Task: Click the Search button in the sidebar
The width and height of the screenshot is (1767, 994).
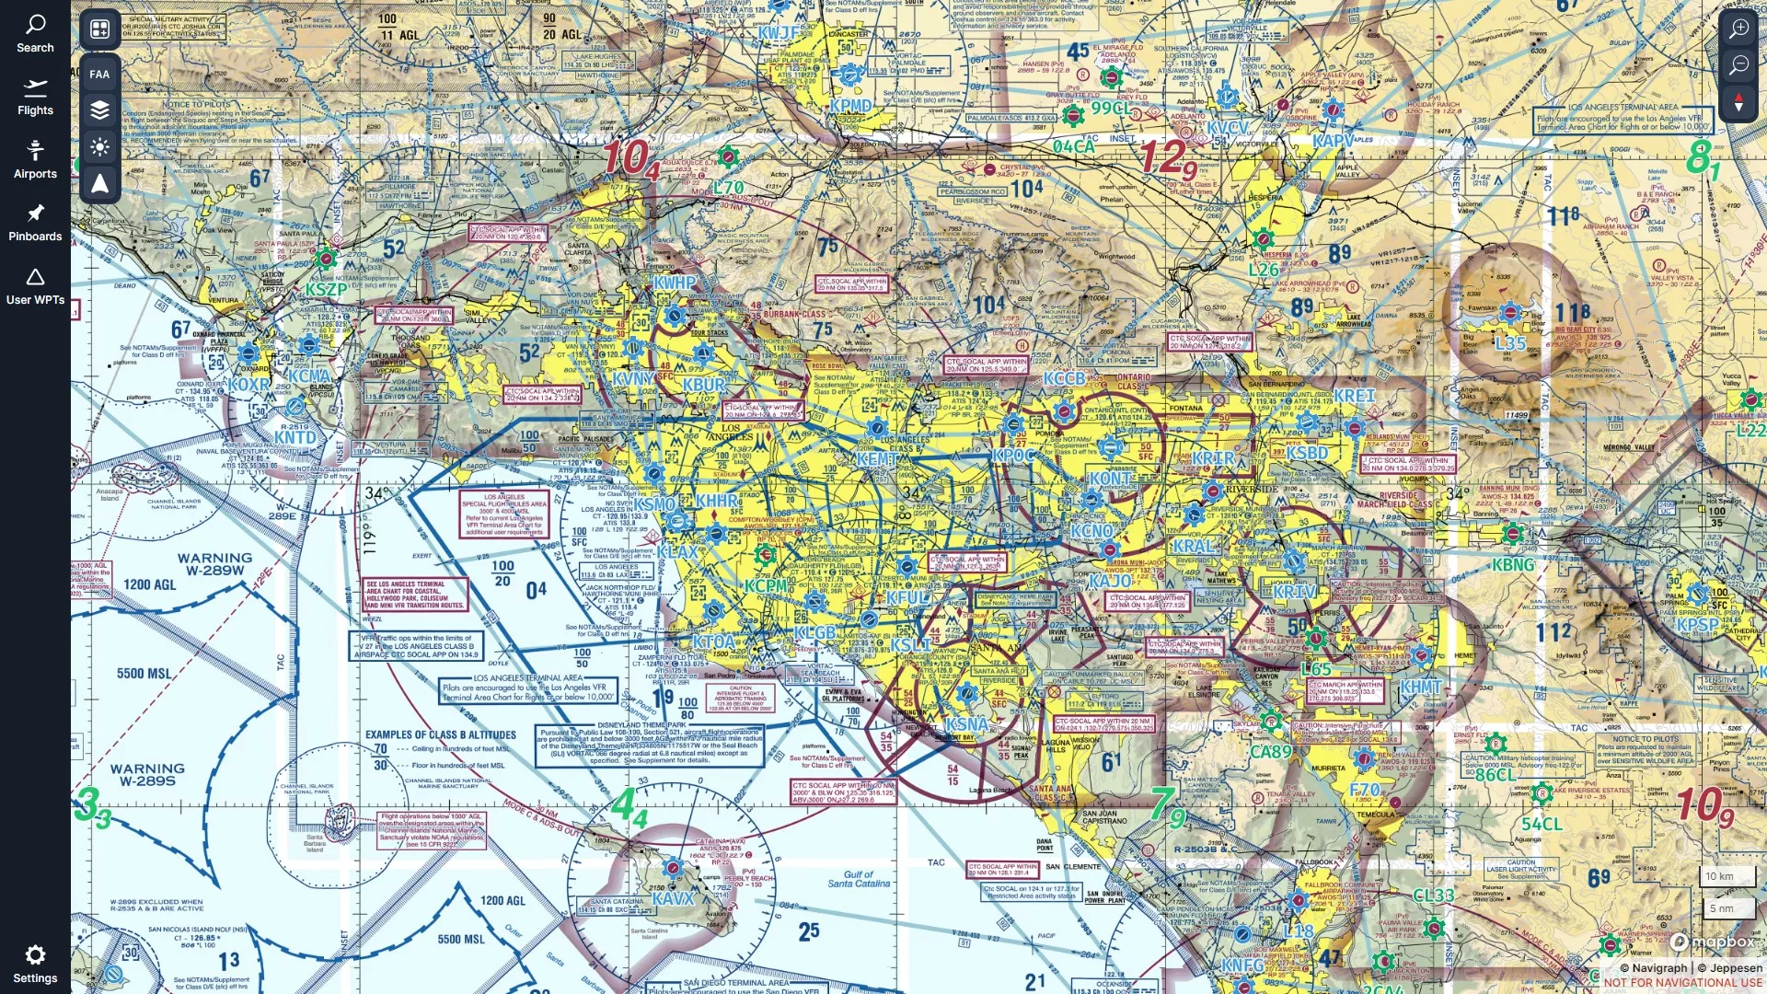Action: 35,33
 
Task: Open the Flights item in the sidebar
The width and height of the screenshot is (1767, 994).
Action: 35,97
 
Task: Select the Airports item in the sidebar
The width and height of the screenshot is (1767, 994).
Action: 35,159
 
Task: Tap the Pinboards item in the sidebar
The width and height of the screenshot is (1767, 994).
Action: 35,223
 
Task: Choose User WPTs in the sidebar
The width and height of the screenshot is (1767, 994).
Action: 35,286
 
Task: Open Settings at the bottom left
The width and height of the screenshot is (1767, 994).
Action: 35,963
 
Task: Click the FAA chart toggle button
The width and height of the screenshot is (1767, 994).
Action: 99,74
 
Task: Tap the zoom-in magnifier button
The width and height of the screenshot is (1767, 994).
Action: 1738,29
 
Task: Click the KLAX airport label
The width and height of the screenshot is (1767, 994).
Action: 677,552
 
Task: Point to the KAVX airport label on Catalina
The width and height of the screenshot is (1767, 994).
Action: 673,898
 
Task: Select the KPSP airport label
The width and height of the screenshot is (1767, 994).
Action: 1697,625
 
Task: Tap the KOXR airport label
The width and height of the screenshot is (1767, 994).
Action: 249,385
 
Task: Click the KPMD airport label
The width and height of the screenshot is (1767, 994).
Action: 850,106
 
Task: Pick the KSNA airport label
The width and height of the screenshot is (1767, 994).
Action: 966,724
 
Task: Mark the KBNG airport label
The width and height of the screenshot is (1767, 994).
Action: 1513,565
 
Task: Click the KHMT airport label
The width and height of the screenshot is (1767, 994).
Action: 1421,687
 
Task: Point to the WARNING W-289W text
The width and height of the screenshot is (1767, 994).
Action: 214,564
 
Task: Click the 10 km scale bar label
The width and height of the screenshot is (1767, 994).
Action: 1719,876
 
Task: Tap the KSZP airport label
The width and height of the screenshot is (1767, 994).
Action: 326,289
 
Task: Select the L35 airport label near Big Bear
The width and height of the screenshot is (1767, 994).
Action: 1510,343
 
